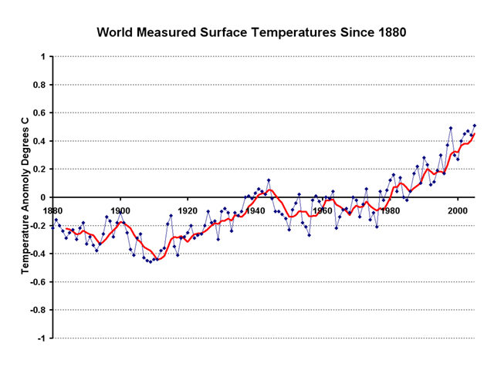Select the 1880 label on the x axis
coord(53,210)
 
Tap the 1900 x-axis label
coord(120,210)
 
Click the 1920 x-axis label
coord(188,210)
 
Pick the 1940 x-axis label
coord(255,210)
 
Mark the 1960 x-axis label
coord(322,210)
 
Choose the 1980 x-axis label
coord(390,210)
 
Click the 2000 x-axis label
coord(457,210)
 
